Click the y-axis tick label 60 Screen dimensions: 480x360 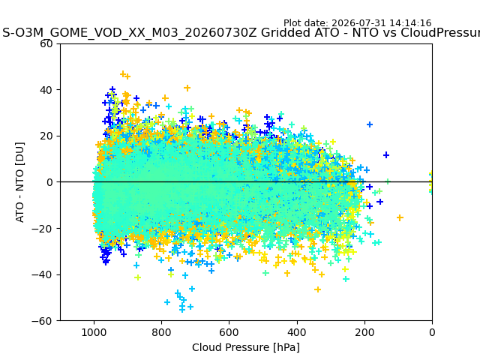pos(46,43)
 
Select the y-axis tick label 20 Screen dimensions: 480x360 pos(46,136)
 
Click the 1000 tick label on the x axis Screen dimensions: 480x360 pos(94,332)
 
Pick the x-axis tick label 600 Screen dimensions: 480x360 pos(229,332)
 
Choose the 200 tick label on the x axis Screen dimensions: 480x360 pos(364,332)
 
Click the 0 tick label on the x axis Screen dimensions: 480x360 pos(432,332)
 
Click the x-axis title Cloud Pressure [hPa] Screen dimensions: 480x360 pos(246,348)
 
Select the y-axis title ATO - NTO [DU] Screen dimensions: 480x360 pos(20,182)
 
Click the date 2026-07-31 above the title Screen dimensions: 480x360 pos(359,23)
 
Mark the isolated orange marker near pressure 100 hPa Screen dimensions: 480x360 pos(400,217)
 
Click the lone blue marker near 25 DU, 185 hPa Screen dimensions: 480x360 pos(370,124)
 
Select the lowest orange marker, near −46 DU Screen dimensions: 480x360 pos(318,289)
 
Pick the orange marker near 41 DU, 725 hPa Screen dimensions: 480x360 pos(187,88)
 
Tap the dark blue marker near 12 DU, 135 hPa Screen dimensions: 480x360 pos(386,155)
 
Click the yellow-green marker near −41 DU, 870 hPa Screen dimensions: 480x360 pos(138,277)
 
